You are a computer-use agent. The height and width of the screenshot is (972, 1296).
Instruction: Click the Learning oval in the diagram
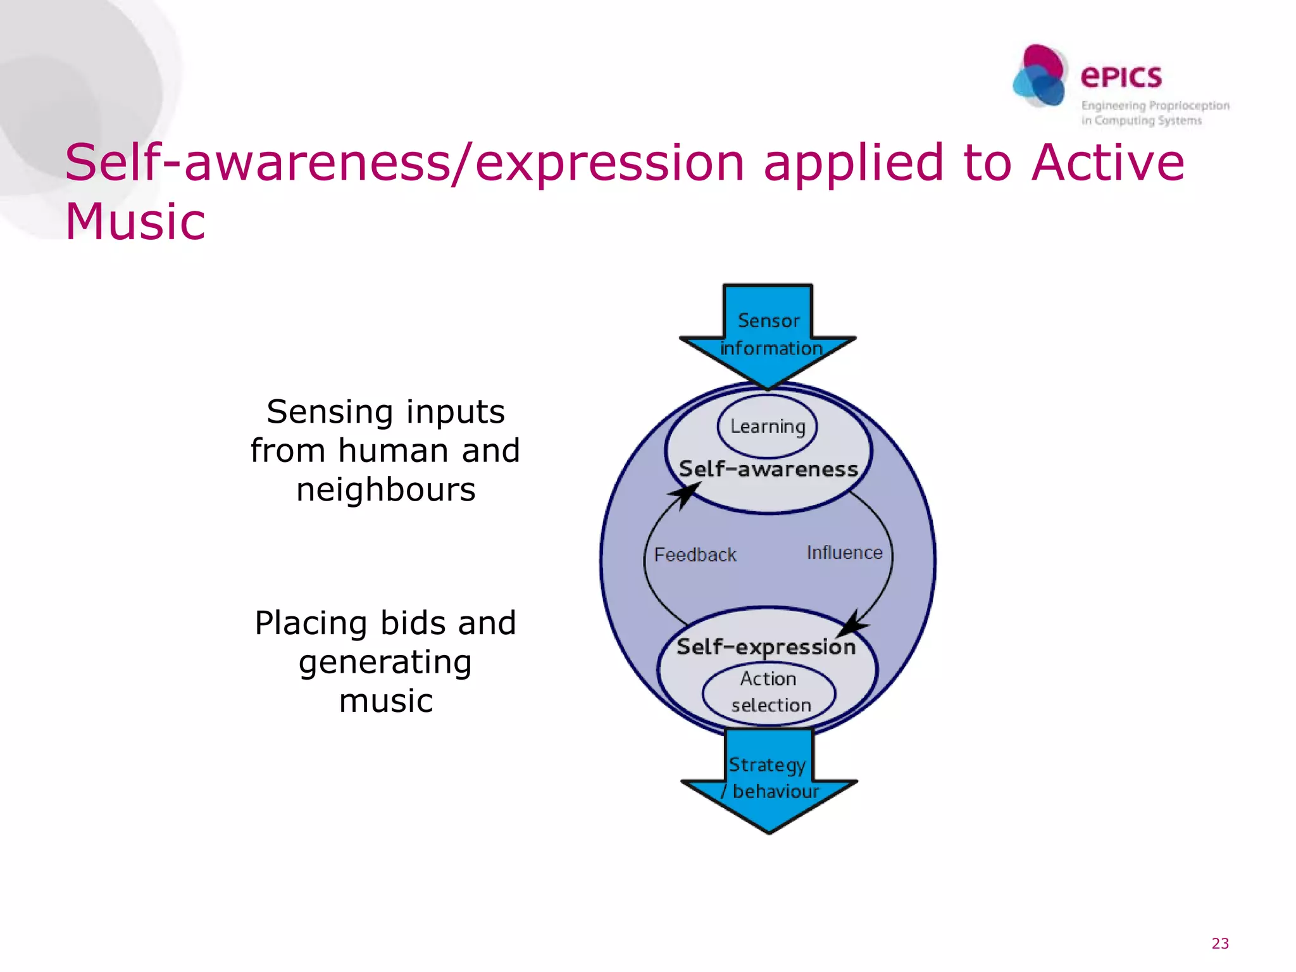[767, 426]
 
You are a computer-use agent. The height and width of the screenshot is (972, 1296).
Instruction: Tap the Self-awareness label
[768, 469]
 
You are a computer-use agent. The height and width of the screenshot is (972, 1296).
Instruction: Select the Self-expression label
[766, 647]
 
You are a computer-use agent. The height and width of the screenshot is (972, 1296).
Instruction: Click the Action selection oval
[769, 692]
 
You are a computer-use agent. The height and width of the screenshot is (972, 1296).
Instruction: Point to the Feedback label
[695, 555]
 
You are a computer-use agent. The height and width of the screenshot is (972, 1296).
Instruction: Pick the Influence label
[844, 552]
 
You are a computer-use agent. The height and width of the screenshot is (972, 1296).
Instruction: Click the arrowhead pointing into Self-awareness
[685, 494]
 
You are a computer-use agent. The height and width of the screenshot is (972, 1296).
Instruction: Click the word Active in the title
[1107, 163]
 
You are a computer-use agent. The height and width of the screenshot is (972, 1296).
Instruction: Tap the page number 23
[1219, 944]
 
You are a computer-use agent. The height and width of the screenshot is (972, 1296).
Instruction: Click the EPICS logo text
[1121, 77]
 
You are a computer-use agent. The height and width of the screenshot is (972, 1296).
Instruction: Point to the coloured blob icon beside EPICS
[1040, 76]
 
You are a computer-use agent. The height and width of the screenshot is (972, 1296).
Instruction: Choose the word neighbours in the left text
[385, 490]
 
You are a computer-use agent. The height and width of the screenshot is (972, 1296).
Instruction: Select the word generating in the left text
[385, 663]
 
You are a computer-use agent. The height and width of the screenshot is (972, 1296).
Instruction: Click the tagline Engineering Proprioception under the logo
[1155, 106]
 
